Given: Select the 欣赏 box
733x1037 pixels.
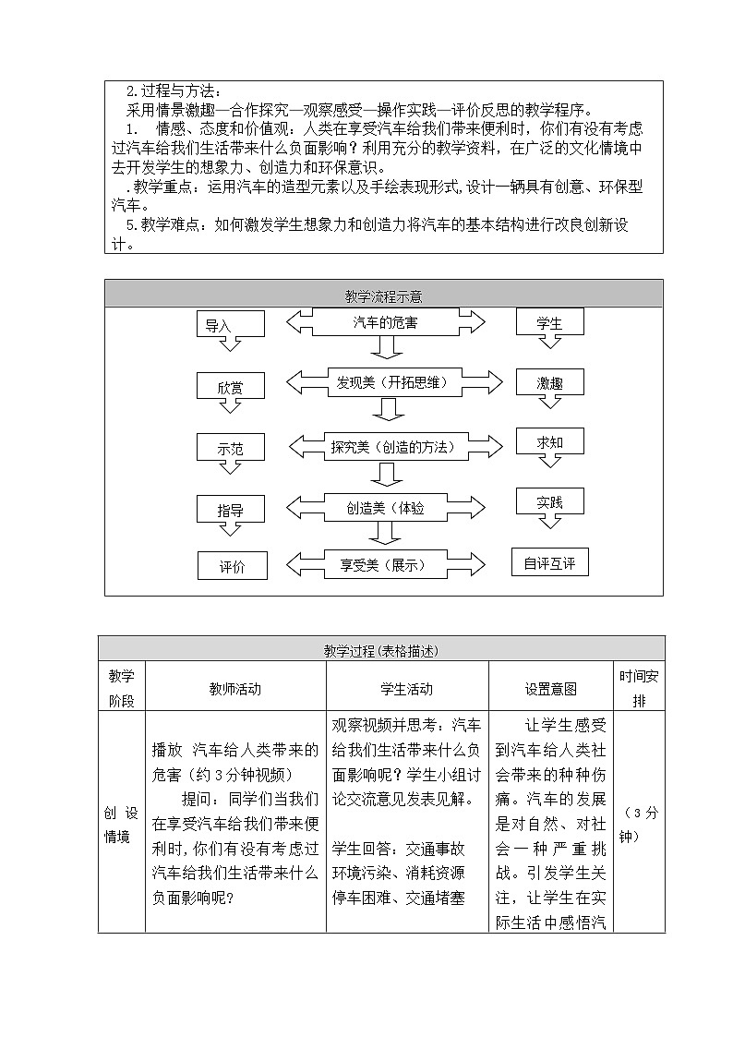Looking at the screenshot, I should click(x=230, y=387).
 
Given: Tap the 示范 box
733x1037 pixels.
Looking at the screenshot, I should click(x=230, y=448).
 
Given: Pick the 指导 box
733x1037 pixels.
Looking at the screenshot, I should click(x=230, y=510).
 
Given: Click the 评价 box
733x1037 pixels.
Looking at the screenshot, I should click(x=232, y=566).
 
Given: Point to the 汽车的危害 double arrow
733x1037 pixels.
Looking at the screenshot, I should click(x=385, y=322).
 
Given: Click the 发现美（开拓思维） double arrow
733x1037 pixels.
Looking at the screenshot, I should click(x=385, y=382).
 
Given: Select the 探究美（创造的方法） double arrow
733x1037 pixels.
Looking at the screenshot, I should click(x=385, y=446).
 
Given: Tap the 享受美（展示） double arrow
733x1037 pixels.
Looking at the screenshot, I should click(x=385, y=564).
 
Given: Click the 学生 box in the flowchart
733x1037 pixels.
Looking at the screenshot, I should click(x=550, y=323).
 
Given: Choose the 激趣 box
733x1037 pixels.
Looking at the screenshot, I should click(x=550, y=382).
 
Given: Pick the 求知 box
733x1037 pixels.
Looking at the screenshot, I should click(x=550, y=442).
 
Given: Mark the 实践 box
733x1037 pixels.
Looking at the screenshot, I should click(x=550, y=502).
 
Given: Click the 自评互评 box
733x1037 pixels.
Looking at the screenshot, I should click(x=549, y=562).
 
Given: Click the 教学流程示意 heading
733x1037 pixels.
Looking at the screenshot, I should click(x=384, y=295).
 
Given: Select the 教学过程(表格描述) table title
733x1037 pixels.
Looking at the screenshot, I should click(x=380, y=649).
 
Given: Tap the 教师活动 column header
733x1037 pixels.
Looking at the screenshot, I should click(x=235, y=688).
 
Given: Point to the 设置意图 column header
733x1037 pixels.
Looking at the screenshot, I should click(x=550, y=688).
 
